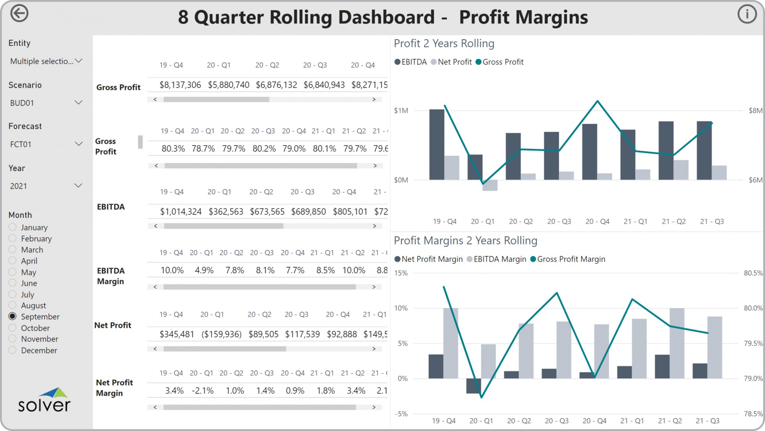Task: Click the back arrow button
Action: [x=19, y=13]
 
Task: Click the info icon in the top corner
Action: [x=747, y=14]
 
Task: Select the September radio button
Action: [x=13, y=316]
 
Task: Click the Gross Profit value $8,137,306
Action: [x=180, y=85]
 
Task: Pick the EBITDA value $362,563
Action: [x=226, y=212]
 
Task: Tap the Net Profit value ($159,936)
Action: [x=221, y=334]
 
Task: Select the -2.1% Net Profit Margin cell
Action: [x=203, y=391]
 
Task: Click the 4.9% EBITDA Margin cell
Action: [x=204, y=270]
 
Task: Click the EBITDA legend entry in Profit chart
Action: [x=411, y=62]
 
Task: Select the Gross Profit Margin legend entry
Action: [x=568, y=259]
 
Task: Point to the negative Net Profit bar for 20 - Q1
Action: [x=490, y=185]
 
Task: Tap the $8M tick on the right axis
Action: [x=755, y=111]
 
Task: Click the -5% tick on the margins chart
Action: [x=401, y=414]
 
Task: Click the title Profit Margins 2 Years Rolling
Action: [x=465, y=241]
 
